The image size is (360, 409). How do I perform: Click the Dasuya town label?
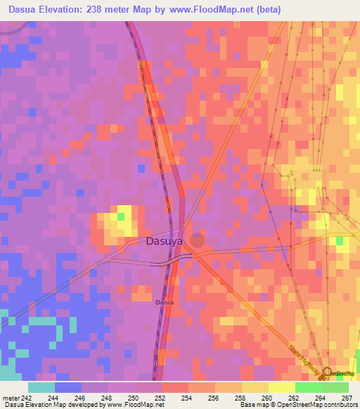165,241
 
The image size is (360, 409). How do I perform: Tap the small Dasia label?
163,302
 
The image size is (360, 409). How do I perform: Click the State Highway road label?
304,358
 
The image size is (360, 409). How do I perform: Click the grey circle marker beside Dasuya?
198,240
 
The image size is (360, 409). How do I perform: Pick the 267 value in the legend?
347,397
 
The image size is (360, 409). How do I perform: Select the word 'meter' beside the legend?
11,397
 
